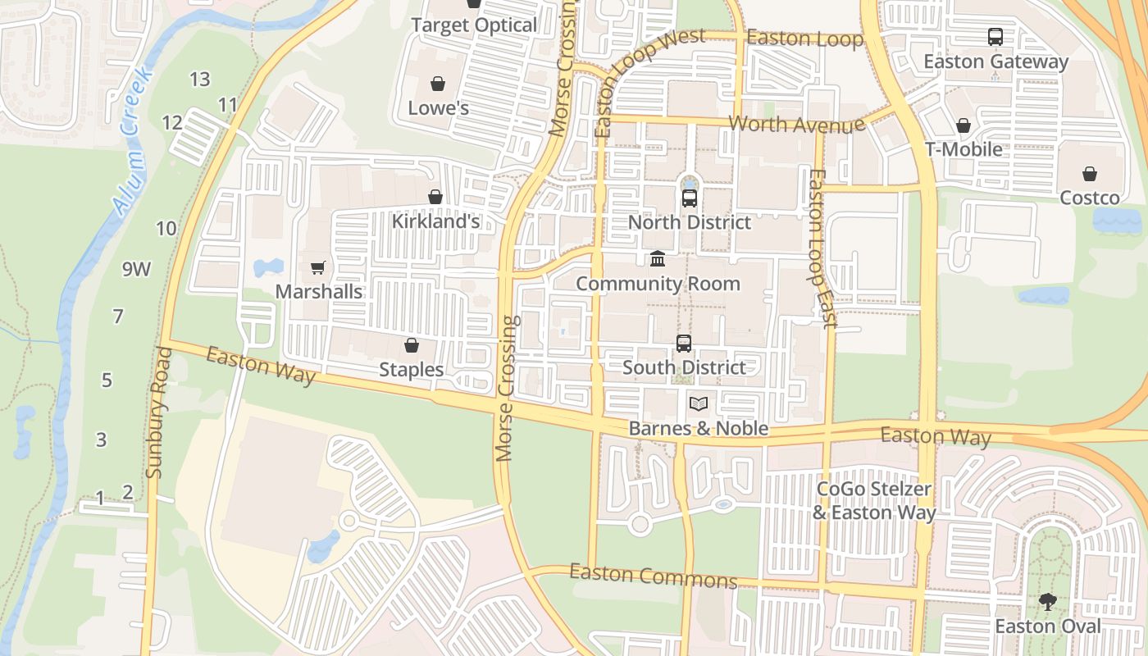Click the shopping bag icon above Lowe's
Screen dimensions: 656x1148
(x=438, y=84)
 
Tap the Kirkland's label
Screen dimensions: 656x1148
(x=435, y=221)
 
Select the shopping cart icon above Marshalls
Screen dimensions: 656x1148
(x=318, y=267)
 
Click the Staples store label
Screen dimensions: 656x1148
(x=412, y=370)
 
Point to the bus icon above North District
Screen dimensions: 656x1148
(x=690, y=198)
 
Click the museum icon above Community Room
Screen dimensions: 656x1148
(x=658, y=259)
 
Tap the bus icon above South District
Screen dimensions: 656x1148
(x=684, y=344)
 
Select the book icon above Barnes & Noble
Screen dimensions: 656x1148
(x=698, y=403)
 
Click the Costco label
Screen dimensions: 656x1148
(x=1090, y=198)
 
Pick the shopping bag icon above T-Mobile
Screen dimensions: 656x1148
(x=963, y=125)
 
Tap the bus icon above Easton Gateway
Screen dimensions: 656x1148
(x=995, y=37)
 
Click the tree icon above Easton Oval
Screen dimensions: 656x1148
(x=1047, y=602)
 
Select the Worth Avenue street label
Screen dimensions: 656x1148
(x=797, y=124)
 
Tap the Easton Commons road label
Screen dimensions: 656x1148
(x=654, y=576)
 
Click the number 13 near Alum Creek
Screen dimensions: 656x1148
(x=200, y=80)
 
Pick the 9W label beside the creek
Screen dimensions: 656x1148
(x=137, y=268)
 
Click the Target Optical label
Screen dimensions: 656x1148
(x=474, y=25)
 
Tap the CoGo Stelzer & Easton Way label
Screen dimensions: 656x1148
(x=874, y=501)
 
